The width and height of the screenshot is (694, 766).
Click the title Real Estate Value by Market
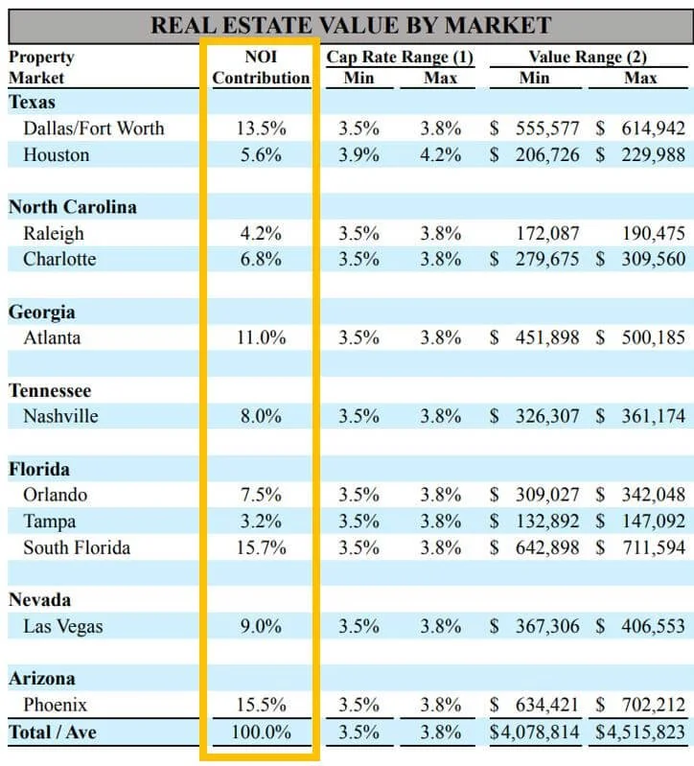[351, 25]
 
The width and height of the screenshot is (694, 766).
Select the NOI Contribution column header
[261, 67]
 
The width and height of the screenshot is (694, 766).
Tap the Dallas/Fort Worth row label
[94, 128]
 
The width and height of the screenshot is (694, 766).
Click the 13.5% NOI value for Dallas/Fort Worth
[261, 128]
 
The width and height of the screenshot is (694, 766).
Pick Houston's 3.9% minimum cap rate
[358, 155]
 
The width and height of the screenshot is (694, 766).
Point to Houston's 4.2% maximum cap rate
[440, 155]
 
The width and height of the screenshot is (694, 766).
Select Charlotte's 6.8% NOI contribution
[261, 259]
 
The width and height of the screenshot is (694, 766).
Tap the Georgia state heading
[42, 312]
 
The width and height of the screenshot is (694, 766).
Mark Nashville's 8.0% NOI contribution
[261, 416]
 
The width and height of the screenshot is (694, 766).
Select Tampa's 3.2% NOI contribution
[261, 522]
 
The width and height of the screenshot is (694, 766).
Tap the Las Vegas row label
[63, 626]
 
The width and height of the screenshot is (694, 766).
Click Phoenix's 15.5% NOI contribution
[261, 705]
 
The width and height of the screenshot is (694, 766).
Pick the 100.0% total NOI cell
[261, 733]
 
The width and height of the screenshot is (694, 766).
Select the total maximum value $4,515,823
[640, 733]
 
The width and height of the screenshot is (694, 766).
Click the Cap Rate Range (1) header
[400, 57]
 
